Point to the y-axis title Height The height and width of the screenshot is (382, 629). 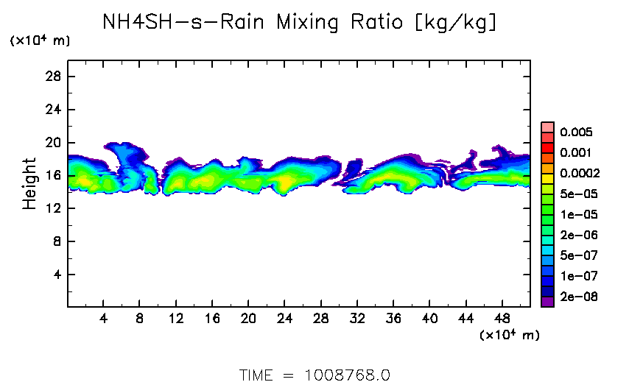point(29,183)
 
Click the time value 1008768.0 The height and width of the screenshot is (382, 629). point(347,375)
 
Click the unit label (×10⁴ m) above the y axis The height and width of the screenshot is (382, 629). point(40,41)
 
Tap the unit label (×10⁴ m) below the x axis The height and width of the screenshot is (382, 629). point(509,336)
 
